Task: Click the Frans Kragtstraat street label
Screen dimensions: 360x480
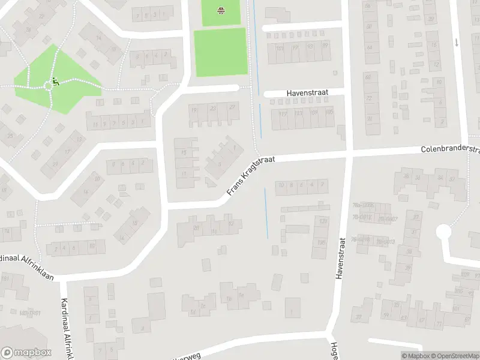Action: tap(251, 175)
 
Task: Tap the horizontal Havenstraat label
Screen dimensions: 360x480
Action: tap(305, 93)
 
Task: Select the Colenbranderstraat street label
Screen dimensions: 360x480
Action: tap(450, 149)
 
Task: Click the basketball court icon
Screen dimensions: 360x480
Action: tap(221, 10)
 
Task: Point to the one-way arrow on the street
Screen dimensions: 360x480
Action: tap(456, 42)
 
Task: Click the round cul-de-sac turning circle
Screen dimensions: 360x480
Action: tap(443, 232)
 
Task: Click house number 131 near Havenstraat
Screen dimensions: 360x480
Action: tap(323, 222)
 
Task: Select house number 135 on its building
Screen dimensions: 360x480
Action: tap(322, 242)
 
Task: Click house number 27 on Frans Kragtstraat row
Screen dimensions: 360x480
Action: tap(232, 109)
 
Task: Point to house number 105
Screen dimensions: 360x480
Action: tap(329, 112)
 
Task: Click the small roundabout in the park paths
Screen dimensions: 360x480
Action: tap(47, 86)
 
